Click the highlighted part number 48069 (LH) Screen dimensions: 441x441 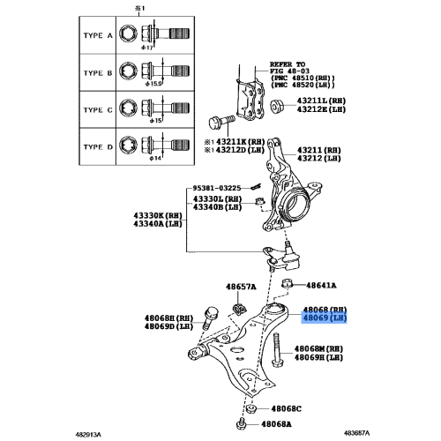tap(324, 318)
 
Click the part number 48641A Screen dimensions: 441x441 tap(324, 285)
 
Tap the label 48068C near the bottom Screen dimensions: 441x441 tap(286, 409)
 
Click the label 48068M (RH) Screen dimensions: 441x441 tap(318, 348)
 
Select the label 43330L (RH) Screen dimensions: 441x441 tap(220, 199)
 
